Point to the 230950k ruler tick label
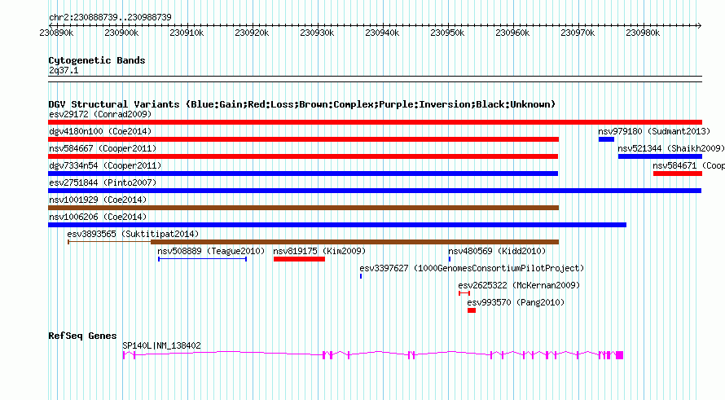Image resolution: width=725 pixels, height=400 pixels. point(448,33)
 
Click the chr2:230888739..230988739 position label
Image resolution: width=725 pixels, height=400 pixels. point(110,16)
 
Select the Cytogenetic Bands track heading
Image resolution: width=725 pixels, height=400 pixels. point(97,60)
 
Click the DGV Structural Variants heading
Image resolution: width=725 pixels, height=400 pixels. point(301,104)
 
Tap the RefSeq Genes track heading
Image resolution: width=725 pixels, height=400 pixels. point(82,336)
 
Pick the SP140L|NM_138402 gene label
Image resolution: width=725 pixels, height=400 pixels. point(161,345)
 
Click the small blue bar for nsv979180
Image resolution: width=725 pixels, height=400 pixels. point(606,139)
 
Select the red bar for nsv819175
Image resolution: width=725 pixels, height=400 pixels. point(299,259)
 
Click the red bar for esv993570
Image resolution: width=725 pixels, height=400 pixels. point(471,310)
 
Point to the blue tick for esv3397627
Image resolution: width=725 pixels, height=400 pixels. point(361,276)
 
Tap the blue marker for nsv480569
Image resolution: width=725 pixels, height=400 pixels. point(449,259)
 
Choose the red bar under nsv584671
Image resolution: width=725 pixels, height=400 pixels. point(677,174)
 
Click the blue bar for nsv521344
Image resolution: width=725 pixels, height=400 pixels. point(659,156)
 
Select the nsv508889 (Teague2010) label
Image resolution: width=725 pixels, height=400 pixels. point(211,251)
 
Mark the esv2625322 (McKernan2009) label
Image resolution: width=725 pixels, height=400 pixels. point(518,285)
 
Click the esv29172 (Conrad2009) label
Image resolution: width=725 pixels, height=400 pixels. point(99,114)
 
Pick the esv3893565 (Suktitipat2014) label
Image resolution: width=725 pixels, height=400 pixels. point(133,234)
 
